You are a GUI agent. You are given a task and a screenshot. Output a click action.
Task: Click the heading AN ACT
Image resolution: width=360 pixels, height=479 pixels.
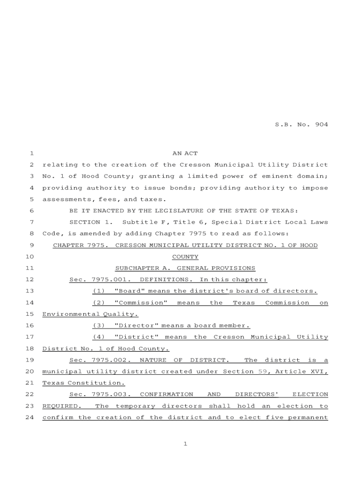point(185,153)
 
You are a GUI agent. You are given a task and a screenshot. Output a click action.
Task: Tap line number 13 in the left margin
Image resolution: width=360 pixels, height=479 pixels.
point(29,291)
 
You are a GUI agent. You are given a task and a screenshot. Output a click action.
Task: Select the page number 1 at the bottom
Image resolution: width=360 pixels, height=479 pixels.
point(185,444)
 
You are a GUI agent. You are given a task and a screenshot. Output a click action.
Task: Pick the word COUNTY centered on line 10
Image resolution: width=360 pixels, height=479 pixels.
point(185,257)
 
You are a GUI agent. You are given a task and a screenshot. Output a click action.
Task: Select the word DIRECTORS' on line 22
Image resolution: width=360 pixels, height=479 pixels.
point(257,395)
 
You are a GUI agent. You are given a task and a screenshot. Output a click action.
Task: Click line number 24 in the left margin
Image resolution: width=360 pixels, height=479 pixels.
point(29,418)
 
